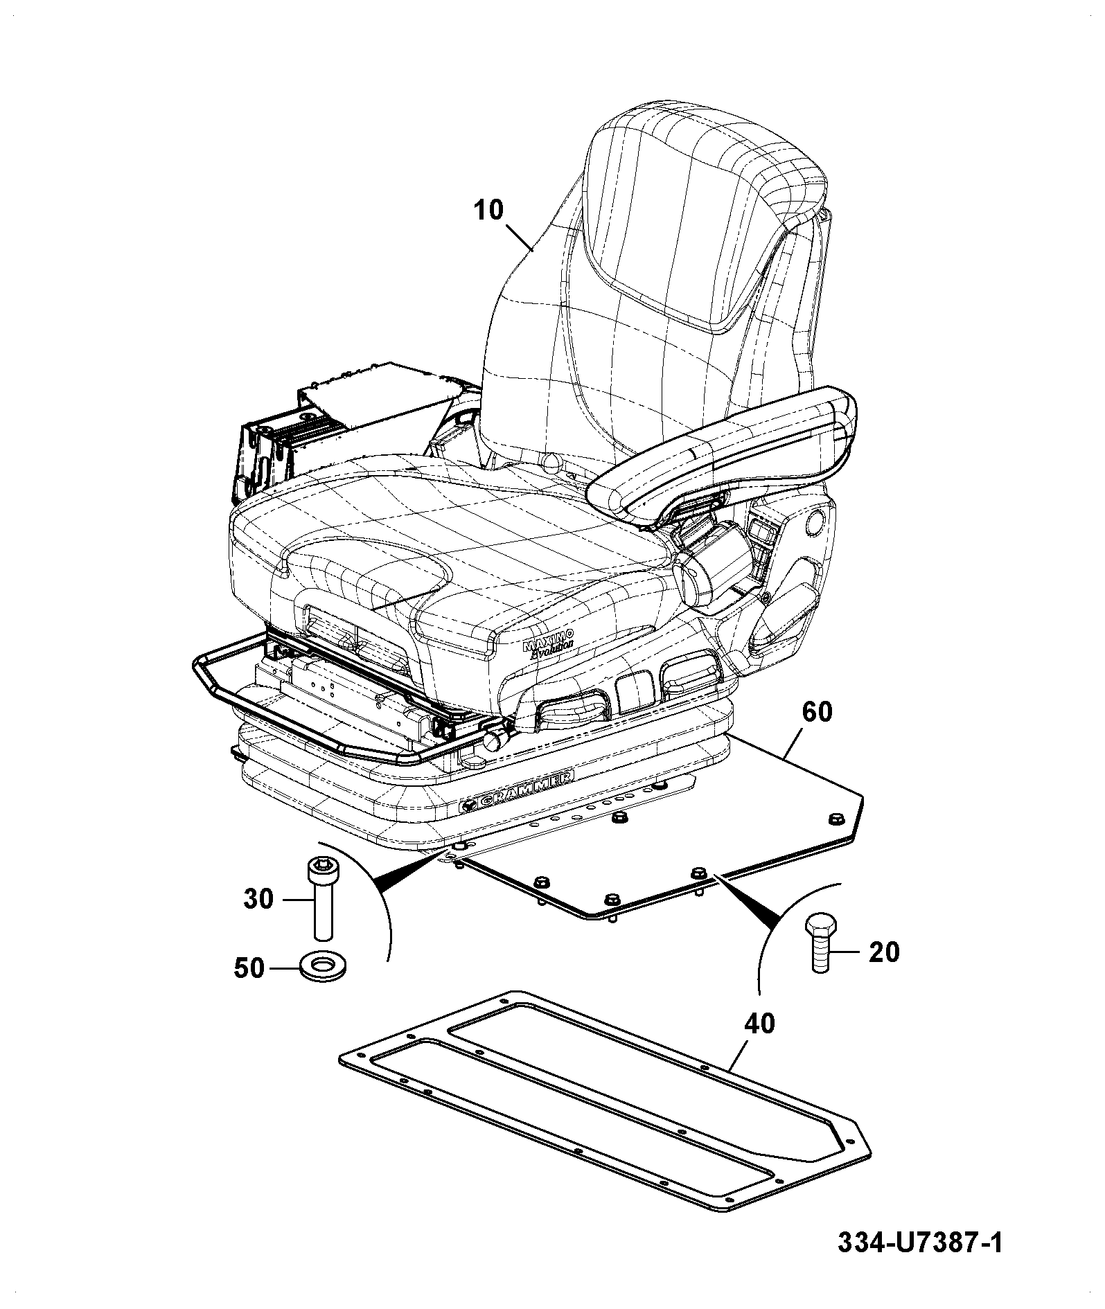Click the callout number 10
[489, 209]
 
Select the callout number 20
[883, 951]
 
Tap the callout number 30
[258, 899]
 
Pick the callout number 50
[249, 968]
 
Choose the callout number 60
[817, 712]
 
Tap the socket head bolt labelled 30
[319, 898]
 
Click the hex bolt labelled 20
[820, 943]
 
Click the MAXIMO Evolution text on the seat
[549, 643]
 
